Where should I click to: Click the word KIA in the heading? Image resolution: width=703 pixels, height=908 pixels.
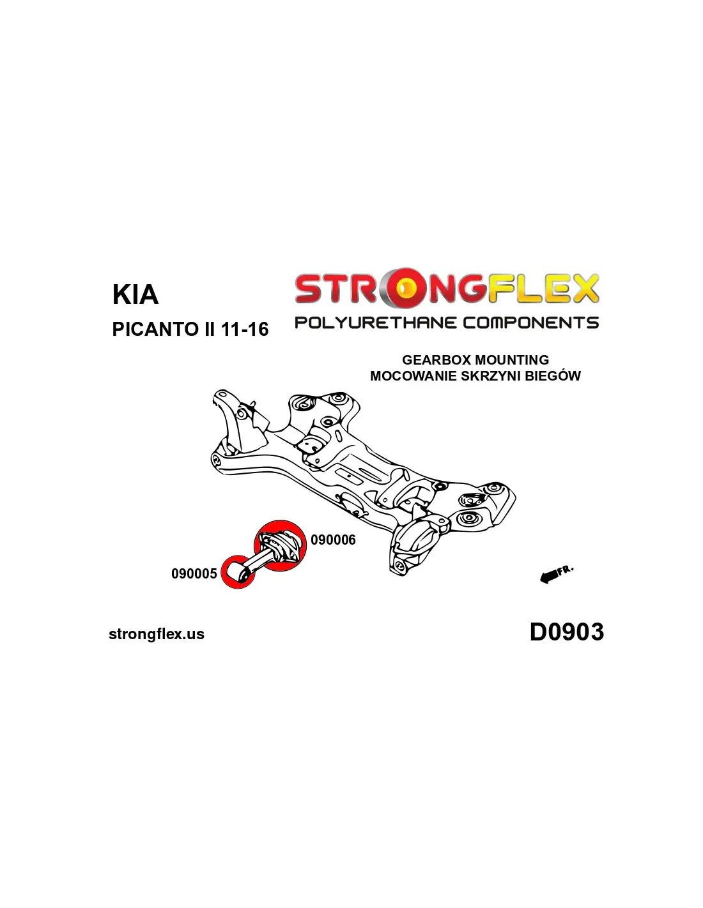[x=135, y=294]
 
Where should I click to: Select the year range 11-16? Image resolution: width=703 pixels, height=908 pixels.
[x=245, y=329]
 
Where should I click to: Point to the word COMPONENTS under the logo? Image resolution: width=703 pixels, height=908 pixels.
[x=530, y=322]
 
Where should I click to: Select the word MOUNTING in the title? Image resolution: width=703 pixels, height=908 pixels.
[x=512, y=359]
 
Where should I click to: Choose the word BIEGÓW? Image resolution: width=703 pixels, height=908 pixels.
[x=552, y=375]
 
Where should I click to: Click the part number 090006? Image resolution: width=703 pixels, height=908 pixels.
[x=333, y=540]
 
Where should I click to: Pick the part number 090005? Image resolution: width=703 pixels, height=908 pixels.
[x=194, y=573]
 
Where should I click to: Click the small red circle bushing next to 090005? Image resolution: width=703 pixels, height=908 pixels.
[x=238, y=573]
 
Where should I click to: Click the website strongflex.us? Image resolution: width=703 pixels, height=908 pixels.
[x=157, y=634]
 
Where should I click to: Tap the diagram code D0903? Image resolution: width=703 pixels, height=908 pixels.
[x=567, y=632]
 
